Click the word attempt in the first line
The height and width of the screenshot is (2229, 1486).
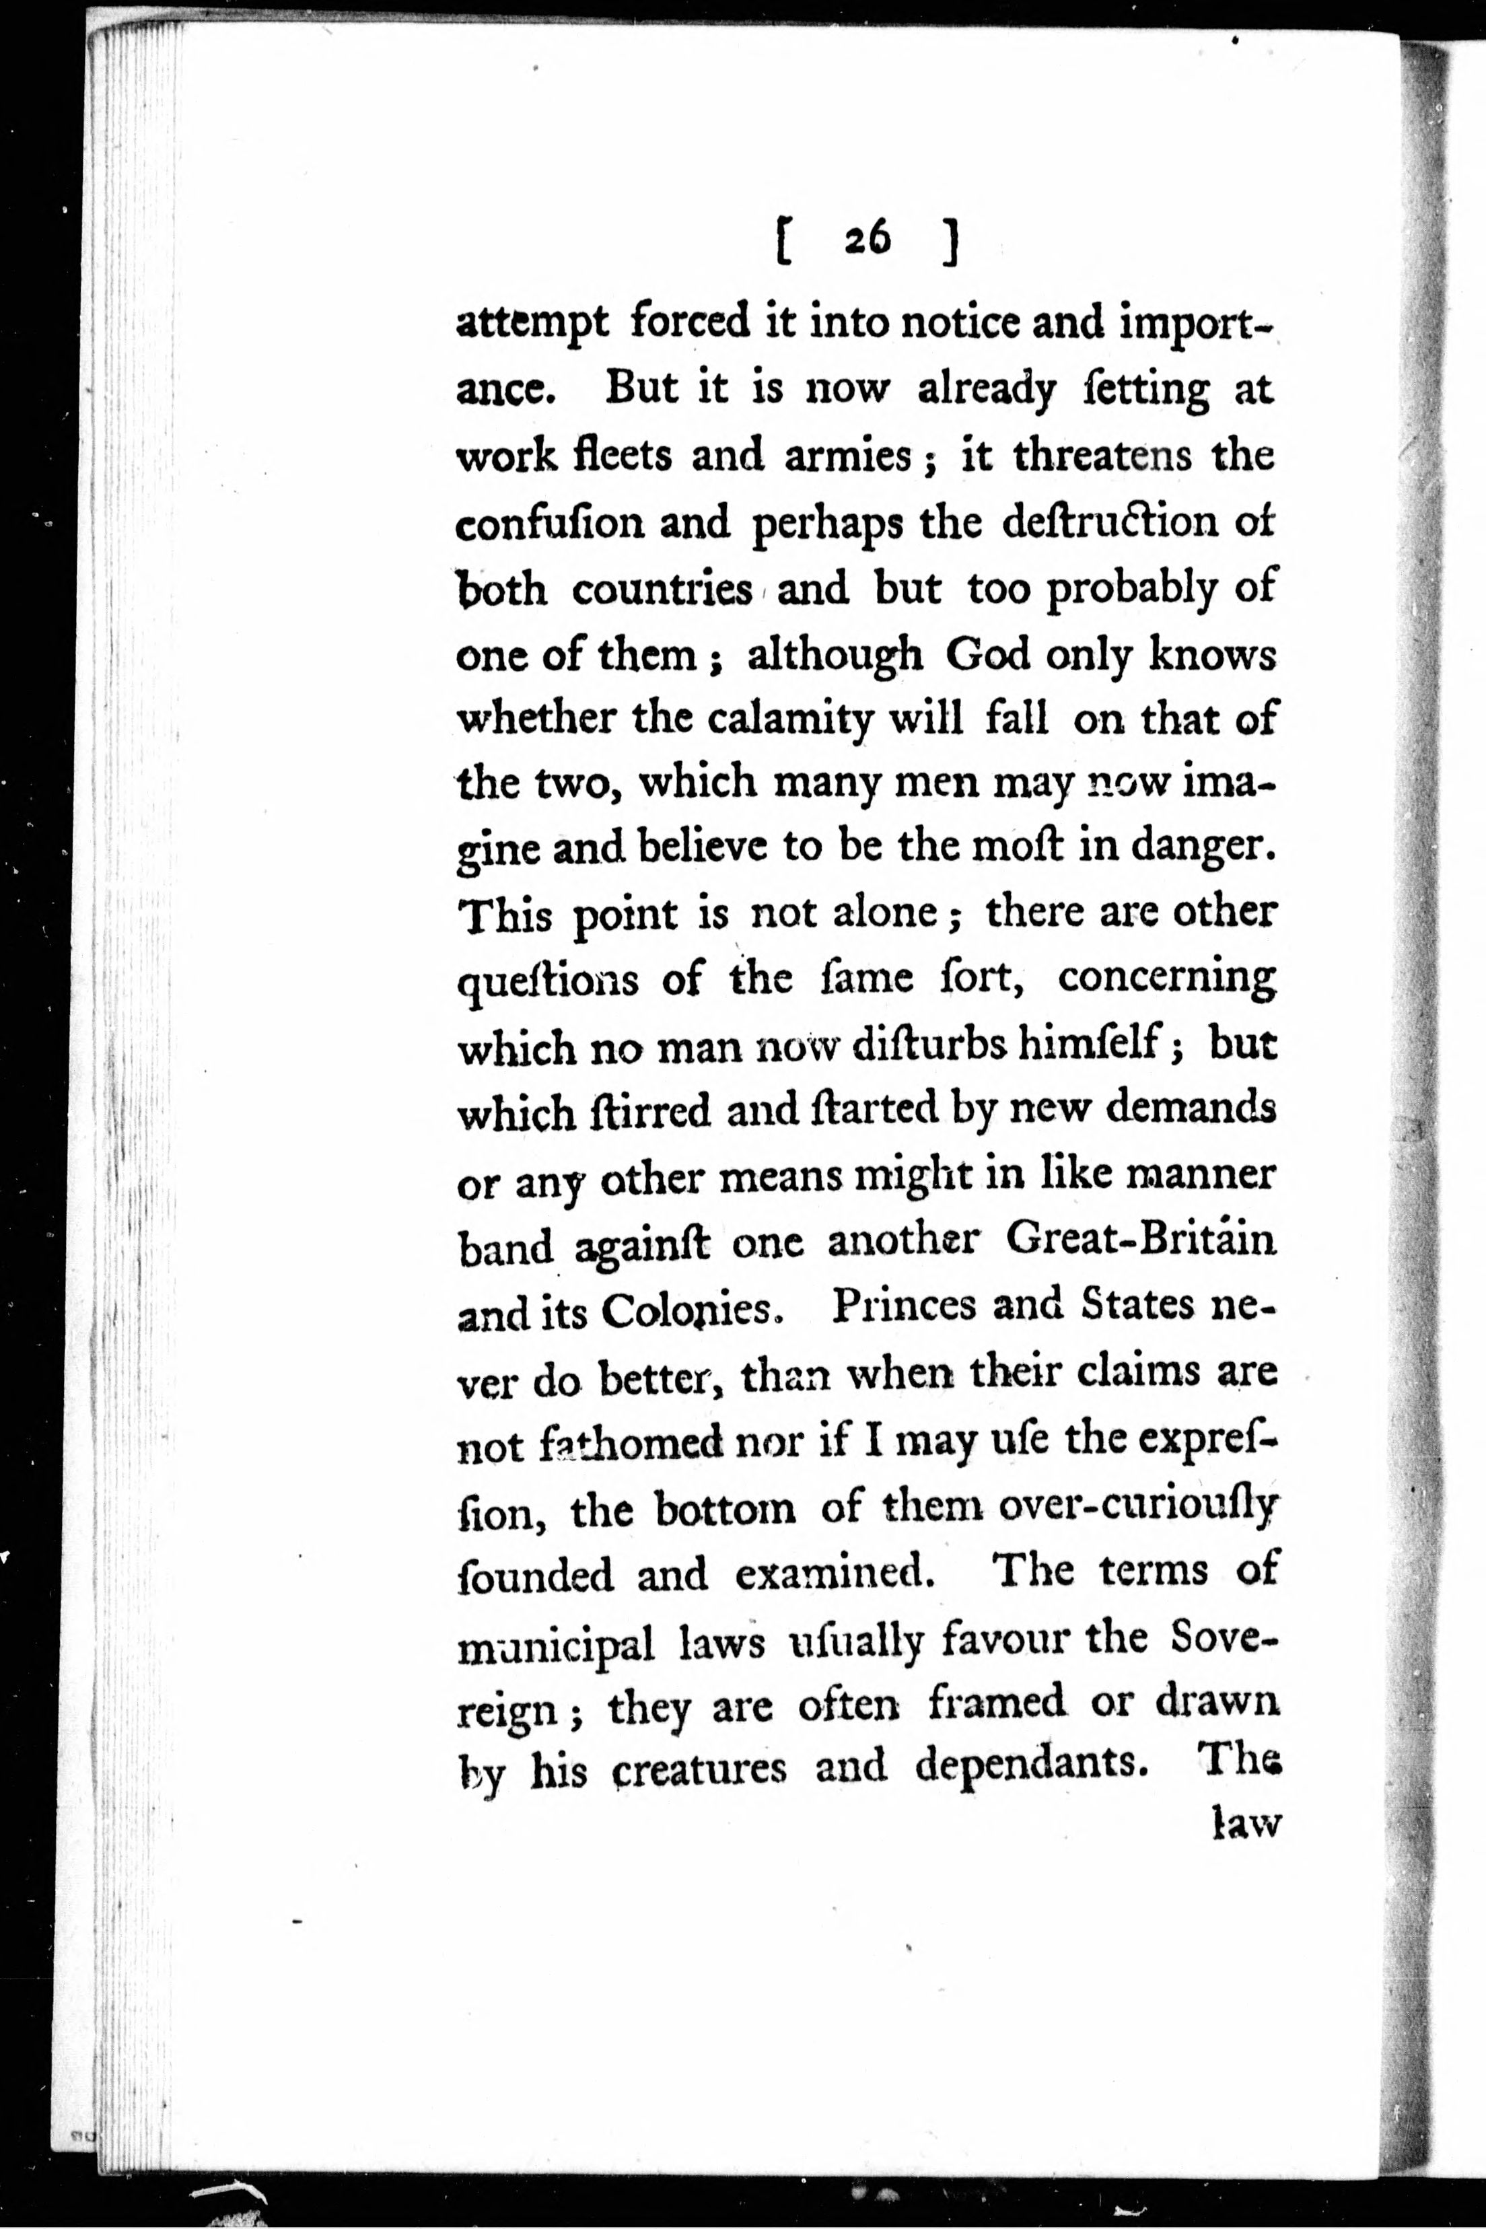(x=531, y=325)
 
